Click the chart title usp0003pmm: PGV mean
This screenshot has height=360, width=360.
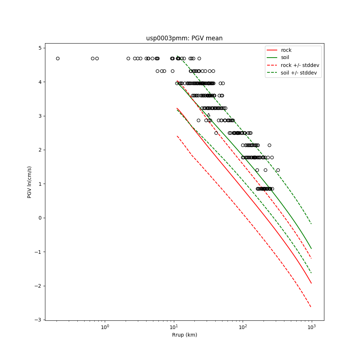tap(184, 38)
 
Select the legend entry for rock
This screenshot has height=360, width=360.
tap(286, 50)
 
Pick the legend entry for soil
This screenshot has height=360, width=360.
tap(285, 58)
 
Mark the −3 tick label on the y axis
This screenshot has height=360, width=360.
tap(39, 320)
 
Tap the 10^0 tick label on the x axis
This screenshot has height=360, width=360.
tap(105, 327)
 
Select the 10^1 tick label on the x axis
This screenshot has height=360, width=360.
tap(174, 327)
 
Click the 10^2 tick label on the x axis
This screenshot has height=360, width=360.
tap(243, 327)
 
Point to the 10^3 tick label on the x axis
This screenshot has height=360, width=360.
tap(311, 327)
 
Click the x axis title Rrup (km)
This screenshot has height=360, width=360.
tap(184, 335)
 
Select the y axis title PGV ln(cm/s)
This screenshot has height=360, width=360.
tap(30, 182)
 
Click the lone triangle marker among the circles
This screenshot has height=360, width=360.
tap(208, 115)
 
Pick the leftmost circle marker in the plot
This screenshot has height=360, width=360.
tap(58, 58)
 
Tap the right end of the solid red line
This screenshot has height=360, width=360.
tap(311, 283)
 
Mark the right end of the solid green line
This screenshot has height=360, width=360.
tap(311, 249)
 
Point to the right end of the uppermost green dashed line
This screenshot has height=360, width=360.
tap(311, 224)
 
